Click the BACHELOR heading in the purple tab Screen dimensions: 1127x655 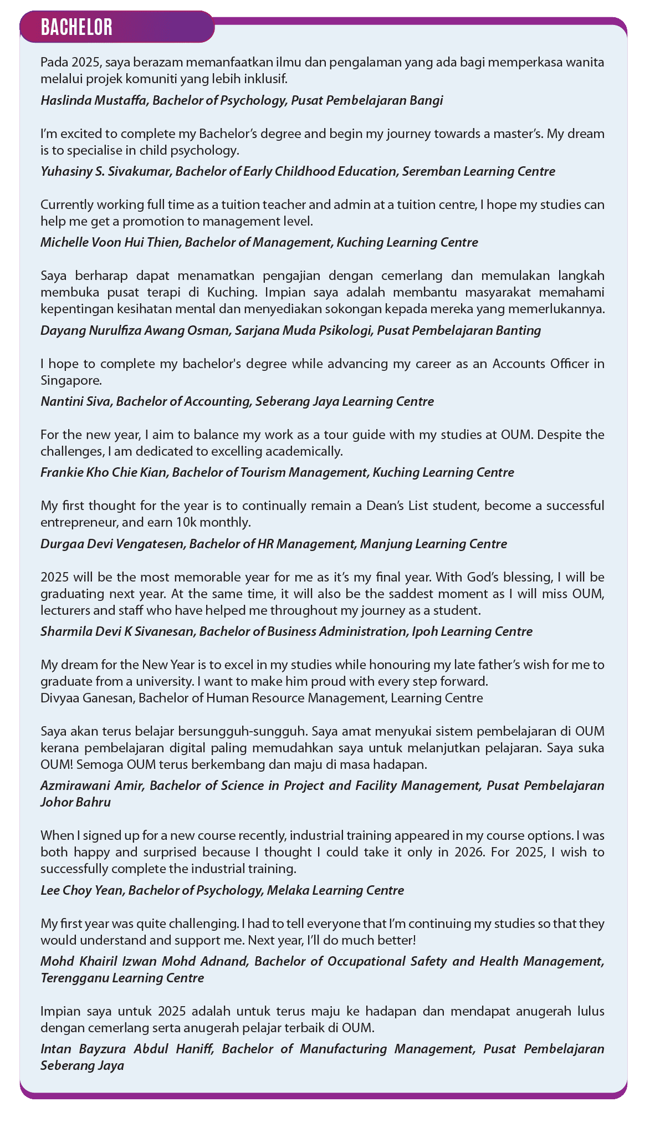(77, 27)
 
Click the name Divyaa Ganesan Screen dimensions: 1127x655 (86, 698)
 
